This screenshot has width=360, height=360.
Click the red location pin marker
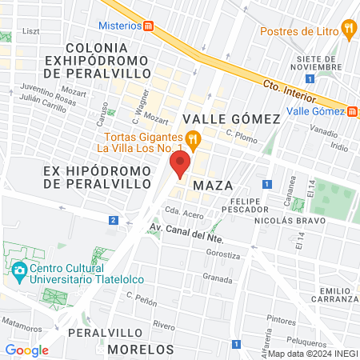pyautogui.click(x=180, y=166)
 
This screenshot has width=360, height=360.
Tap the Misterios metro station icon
pyautogui.click(x=149, y=25)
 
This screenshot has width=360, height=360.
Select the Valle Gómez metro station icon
pyautogui.click(x=353, y=111)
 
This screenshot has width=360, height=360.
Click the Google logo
pyautogui.click(x=26, y=350)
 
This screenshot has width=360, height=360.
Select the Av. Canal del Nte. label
pyautogui.click(x=185, y=234)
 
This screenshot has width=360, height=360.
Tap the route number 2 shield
pyautogui.click(x=114, y=219)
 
